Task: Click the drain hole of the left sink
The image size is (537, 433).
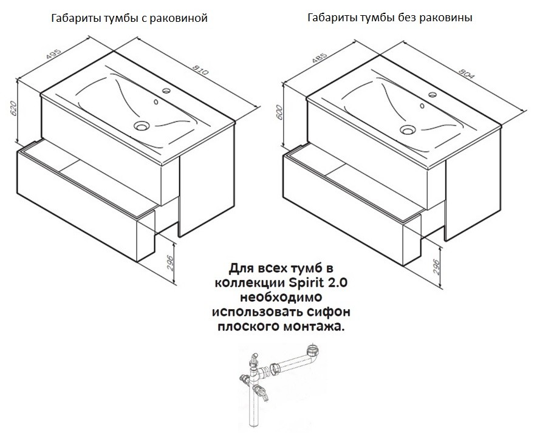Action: (142, 126)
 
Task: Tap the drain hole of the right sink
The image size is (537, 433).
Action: (408, 129)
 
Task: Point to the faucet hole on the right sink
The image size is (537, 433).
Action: (432, 95)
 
